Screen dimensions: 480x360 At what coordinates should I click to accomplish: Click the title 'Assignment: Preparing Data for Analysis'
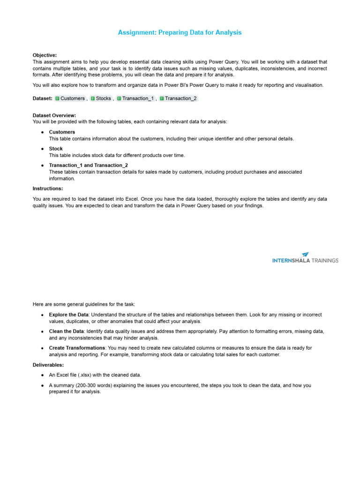coord(180,32)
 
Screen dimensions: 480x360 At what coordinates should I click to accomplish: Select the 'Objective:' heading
coord(45,55)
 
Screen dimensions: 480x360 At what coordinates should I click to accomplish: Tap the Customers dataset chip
coord(70,98)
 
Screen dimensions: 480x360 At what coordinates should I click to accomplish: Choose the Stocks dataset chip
coord(101,98)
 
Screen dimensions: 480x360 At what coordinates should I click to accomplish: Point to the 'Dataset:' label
coord(43,98)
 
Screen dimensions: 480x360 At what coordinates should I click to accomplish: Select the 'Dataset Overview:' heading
coord(54,115)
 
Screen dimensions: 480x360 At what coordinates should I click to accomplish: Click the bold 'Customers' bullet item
coord(62,132)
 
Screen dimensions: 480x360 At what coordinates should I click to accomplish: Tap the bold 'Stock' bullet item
coord(56,149)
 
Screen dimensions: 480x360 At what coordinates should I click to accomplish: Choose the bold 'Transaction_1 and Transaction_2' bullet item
coord(88,165)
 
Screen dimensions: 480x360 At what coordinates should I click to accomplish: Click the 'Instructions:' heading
coord(48,188)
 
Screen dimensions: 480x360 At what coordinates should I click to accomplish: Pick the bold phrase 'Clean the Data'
coord(66,331)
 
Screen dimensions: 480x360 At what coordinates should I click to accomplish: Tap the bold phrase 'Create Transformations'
coord(77,348)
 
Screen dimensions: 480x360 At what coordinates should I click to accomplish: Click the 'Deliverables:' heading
coord(48,364)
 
